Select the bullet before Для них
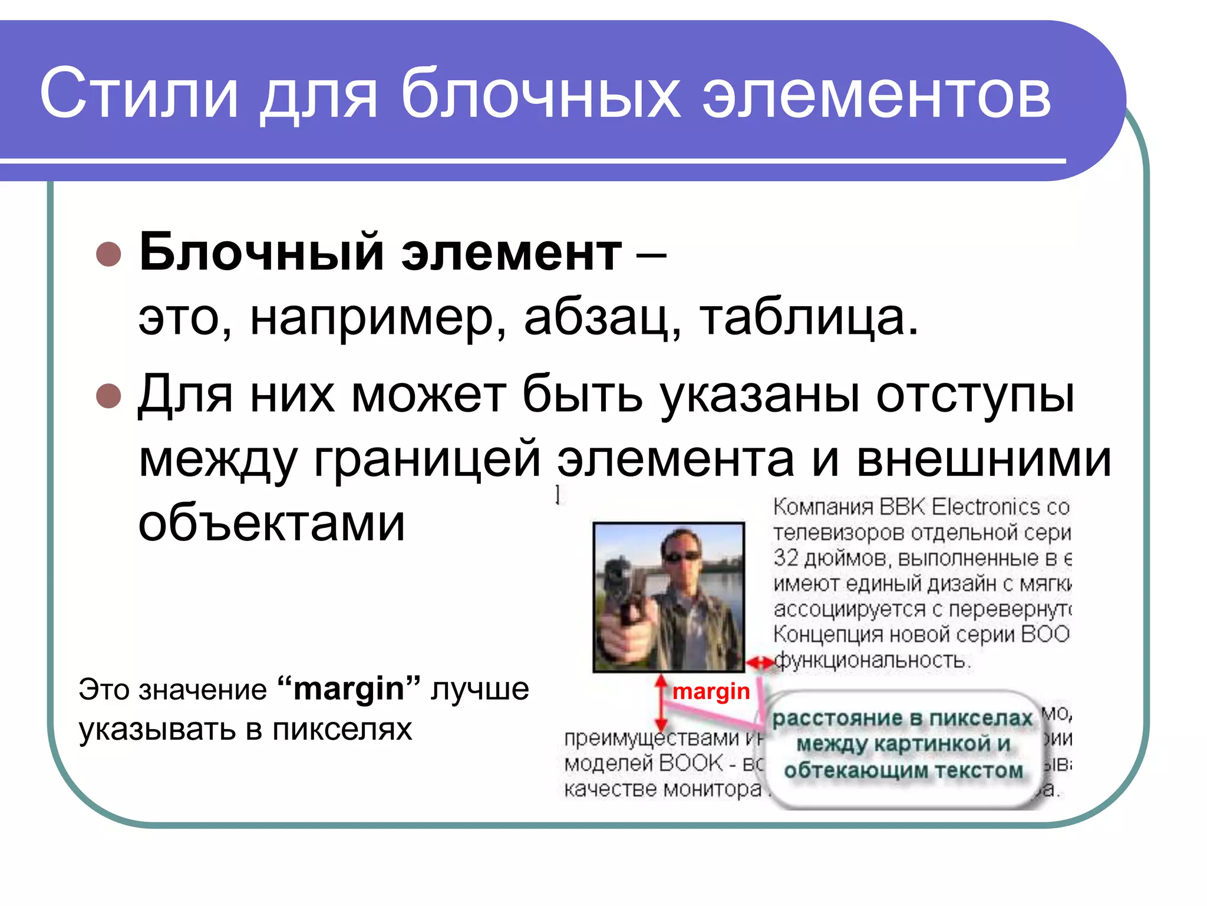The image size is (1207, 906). [x=108, y=396]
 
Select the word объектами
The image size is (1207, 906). [x=272, y=523]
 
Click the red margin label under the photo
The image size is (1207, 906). [x=711, y=691]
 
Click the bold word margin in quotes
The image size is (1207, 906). [x=348, y=689]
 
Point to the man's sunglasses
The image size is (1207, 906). [x=682, y=556]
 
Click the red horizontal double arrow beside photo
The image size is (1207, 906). [x=759, y=663]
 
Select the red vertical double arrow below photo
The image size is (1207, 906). [x=661, y=703]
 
